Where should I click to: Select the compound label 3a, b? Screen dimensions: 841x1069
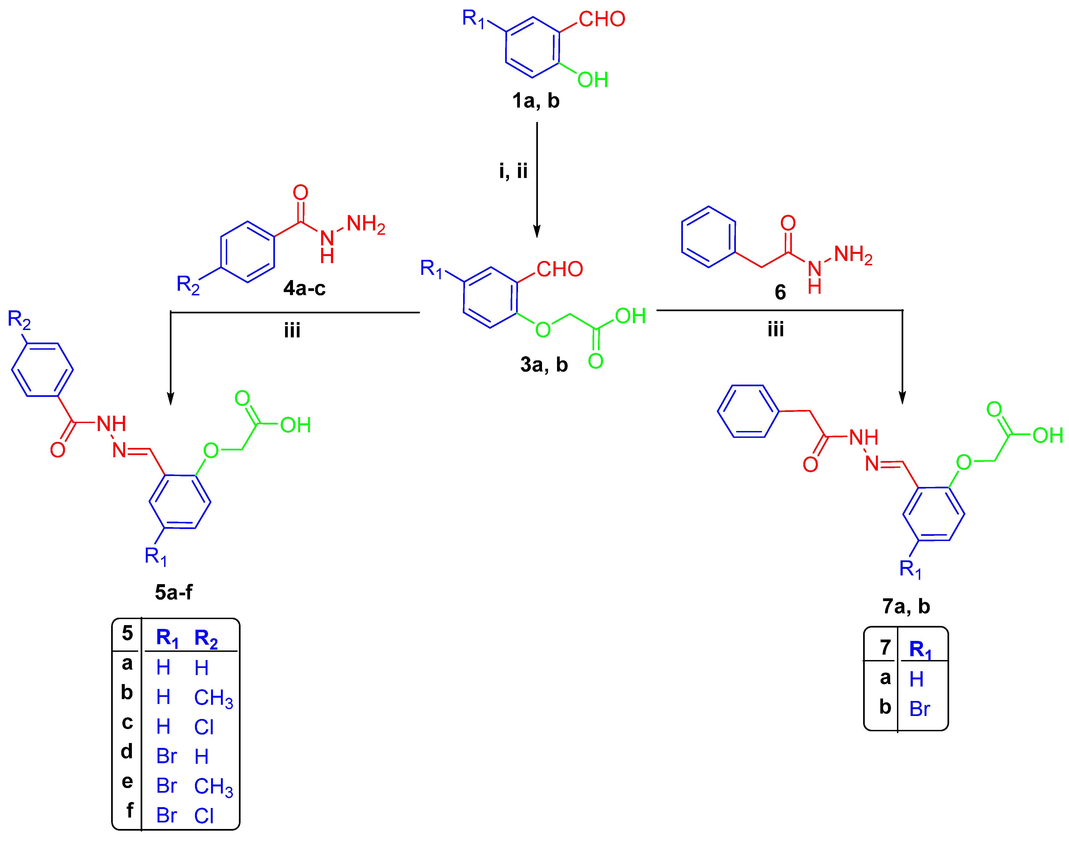(x=544, y=365)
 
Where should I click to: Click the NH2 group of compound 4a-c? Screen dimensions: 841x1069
(x=366, y=225)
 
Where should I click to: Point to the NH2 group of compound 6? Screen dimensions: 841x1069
(x=853, y=255)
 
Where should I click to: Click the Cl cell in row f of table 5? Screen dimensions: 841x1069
(x=203, y=816)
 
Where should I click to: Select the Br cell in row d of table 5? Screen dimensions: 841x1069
(x=167, y=756)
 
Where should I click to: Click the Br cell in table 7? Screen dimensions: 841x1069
(x=919, y=709)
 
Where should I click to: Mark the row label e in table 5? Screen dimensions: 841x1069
(x=127, y=781)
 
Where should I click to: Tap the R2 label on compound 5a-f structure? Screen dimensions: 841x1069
(x=19, y=320)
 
